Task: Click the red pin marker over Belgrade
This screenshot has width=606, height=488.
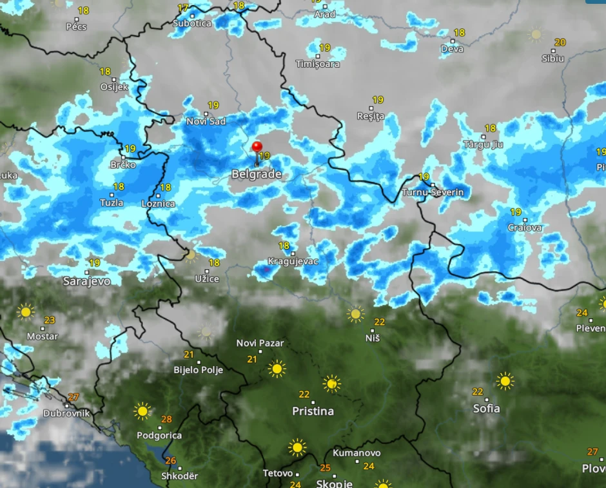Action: click(x=257, y=147)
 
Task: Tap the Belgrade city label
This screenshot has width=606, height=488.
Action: click(x=257, y=174)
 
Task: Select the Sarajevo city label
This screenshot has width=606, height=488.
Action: click(x=86, y=281)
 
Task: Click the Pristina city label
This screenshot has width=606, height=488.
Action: click(x=313, y=411)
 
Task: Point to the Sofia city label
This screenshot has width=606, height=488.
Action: click(x=486, y=408)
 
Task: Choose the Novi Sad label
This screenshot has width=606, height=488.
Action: click(x=206, y=121)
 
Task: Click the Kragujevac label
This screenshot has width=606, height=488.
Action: click(x=293, y=261)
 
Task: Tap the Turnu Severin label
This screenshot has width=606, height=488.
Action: click(x=433, y=192)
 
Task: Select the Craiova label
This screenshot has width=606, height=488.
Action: click(x=525, y=228)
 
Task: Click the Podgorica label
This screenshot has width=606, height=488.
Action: click(x=159, y=435)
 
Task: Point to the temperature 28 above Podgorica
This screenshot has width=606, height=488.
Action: click(x=166, y=419)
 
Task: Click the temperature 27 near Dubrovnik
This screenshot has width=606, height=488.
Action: click(x=73, y=397)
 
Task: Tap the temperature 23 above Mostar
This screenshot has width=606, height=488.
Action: click(x=50, y=320)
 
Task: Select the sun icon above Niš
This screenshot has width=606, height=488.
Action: click(x=355, y=314)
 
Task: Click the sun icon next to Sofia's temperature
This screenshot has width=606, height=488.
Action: click(x=505, y=381)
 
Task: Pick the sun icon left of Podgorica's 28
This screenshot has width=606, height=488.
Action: click(x=142, y=411)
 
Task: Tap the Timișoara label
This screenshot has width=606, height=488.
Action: click(x=317, y=64)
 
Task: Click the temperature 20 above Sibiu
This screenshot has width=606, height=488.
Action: click(x=560, y=42)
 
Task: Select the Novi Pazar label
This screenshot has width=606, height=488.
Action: click(x=260, y=343)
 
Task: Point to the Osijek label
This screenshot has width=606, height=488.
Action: click(x=114, y=87)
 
